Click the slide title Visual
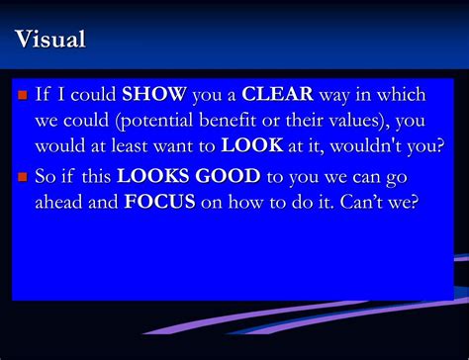[50, 41]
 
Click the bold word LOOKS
[148, 177]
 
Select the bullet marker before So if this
[23, 178]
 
